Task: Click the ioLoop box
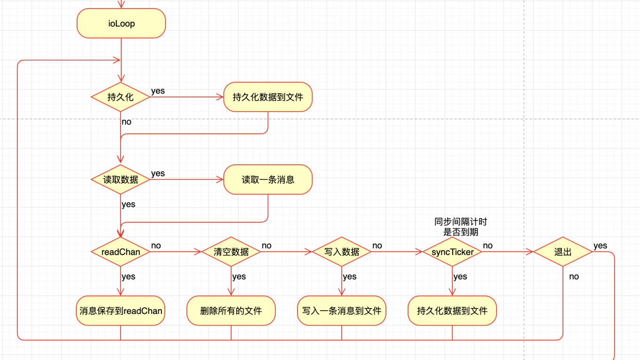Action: [x=121, y=24]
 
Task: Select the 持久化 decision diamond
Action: [x=121, y=97]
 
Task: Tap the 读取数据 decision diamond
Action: [x=121, y=179]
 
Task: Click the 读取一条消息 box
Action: [x=268, y=179]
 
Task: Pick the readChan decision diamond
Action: [x=121, y=252]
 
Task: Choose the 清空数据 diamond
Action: [x=231, y=252]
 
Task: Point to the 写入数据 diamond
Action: [x=342, y=252]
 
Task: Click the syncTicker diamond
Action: [x=452, y=252]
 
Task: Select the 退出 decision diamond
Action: [x=562, y=252]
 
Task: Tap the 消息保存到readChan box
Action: [x=121, y=311]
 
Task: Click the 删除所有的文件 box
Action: [x=231, y=311]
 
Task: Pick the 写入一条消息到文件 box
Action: [x=342, y=311]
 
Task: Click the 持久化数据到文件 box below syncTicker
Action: [x=452, y=311]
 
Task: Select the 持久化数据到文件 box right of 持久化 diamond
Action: [x=268, y=97]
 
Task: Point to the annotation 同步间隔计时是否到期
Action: [x=461, y=227]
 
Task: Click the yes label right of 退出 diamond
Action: [x=600, y=246]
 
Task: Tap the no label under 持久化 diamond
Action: [x=127, y=122]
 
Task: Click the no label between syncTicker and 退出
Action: [x=488, y=246]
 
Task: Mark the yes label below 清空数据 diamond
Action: [x=239, y=277]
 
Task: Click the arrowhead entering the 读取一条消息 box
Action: [x=220, y=179]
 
